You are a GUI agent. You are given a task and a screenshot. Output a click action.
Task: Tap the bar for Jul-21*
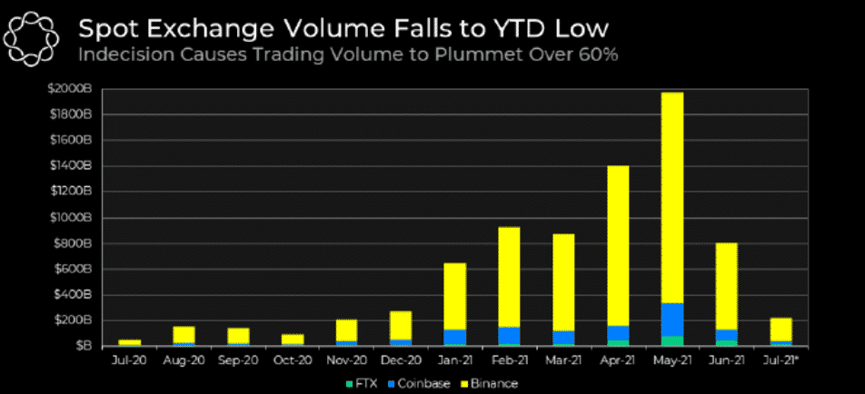click(x=780, y=330)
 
